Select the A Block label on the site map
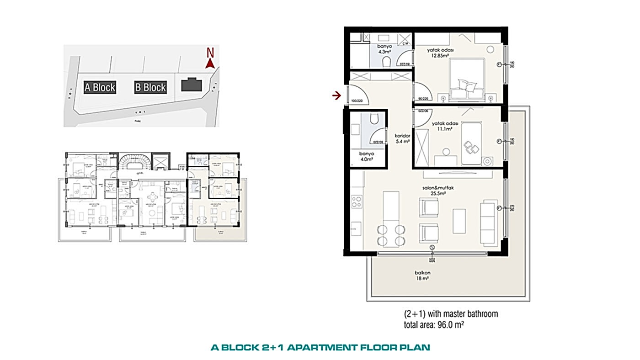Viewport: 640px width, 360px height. pyautogui.click(x=100, y=87)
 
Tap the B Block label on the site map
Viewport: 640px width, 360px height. pyautogui.click(x=150, y=87)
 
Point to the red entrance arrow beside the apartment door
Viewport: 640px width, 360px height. pyautogui.click(x=336, y=95)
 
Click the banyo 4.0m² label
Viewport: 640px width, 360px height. pyautogui.click(x=367, y=157)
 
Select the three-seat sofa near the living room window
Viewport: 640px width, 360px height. pyautogui.click(x=488, y=221)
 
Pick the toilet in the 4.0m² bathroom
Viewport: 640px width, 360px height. pyautogui.click(x=373, y=119)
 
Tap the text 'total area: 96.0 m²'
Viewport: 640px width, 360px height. pyautogui.click(x=434, y=324)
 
